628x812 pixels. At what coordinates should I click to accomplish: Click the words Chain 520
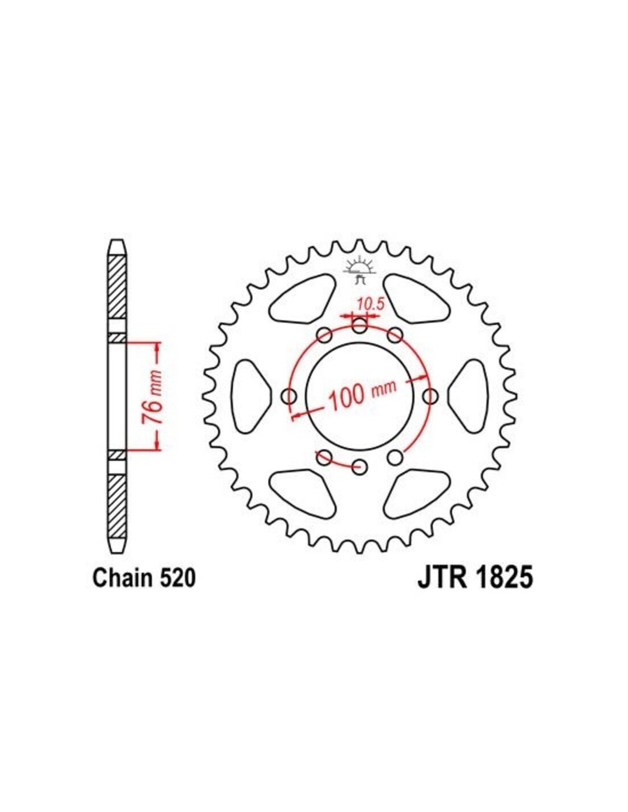pos(144,589)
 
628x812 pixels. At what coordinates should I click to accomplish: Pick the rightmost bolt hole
pos(430,396)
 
